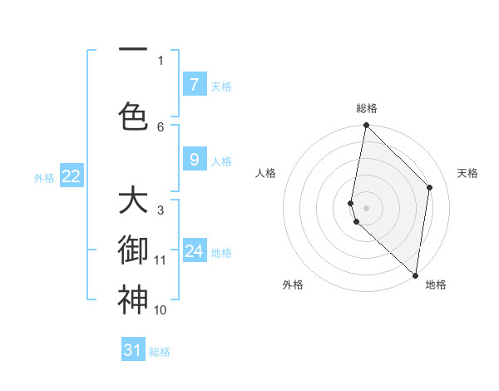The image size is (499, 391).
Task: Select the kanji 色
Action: tap(132, 115)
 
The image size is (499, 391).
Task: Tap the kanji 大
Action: tap(132, 201)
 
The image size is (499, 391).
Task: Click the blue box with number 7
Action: tap(194, 84)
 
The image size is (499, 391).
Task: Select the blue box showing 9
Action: tap(194, 160)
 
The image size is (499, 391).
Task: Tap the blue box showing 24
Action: tap(194, 250)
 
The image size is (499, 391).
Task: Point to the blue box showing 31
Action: tap(133, 350)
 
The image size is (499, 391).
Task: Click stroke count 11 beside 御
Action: tap(161, 260)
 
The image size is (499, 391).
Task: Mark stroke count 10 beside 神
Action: tap(161, 310)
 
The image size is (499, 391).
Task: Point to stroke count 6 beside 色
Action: tap(161, 126)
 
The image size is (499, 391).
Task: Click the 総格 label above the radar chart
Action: tap(367, 108)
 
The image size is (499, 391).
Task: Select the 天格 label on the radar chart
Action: tap(467, 173)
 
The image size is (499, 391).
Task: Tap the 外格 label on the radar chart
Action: tap(293, 285)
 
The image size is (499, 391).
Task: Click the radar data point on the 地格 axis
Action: tap(415, 275)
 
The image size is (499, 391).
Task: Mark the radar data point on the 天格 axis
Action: tap(430, 187)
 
